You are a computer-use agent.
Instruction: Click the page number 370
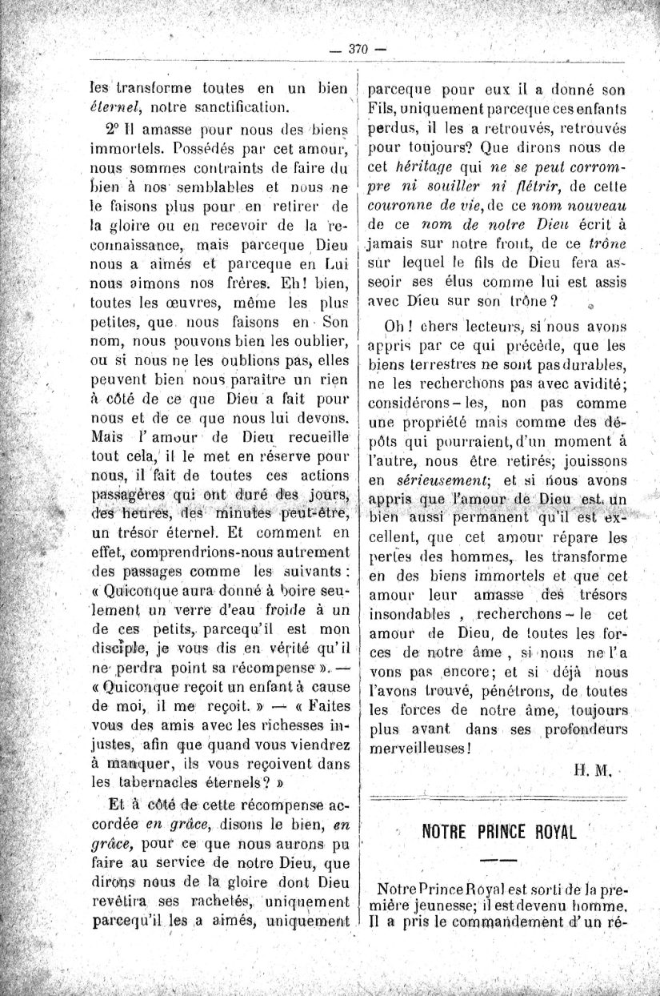357,50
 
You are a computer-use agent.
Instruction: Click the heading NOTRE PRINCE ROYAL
499,830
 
